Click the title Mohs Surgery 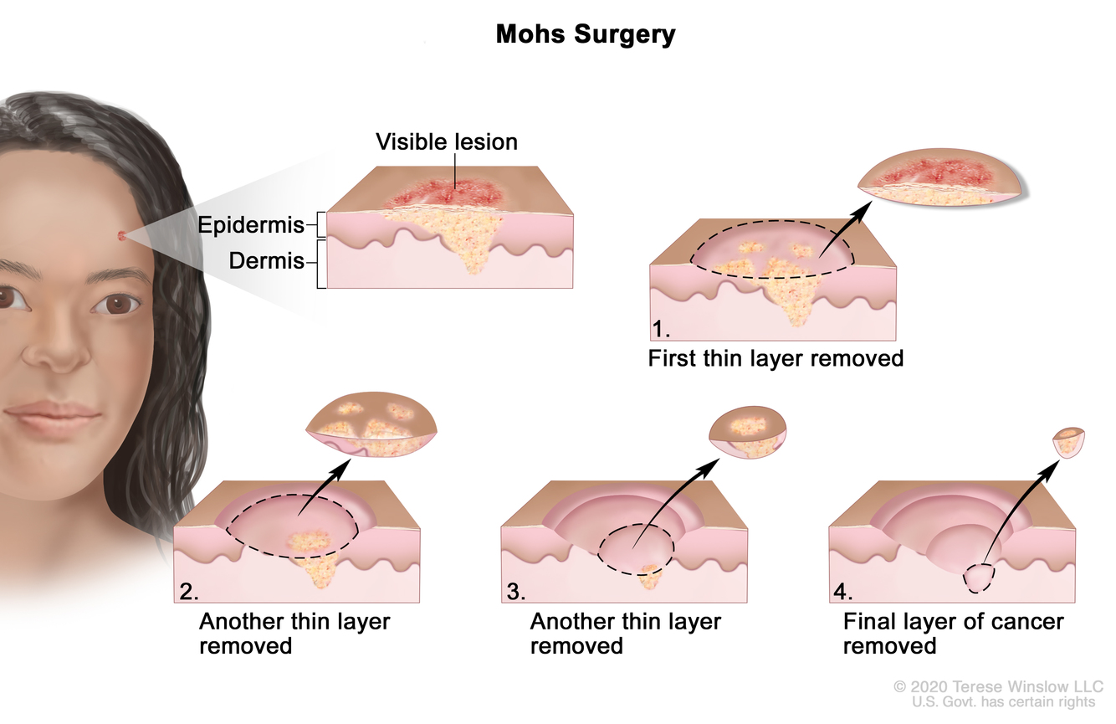click(585, 34)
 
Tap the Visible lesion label click(446, 141)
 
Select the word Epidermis click(250, 224)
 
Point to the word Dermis click(266, 261)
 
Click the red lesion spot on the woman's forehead click(124, 235)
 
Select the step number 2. click(188, 592)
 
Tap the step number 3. click(515, 592)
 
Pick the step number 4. click(842, 592)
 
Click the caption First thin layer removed click(776, 359)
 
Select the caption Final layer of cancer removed click(953, 634)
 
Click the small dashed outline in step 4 click(980, 578)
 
